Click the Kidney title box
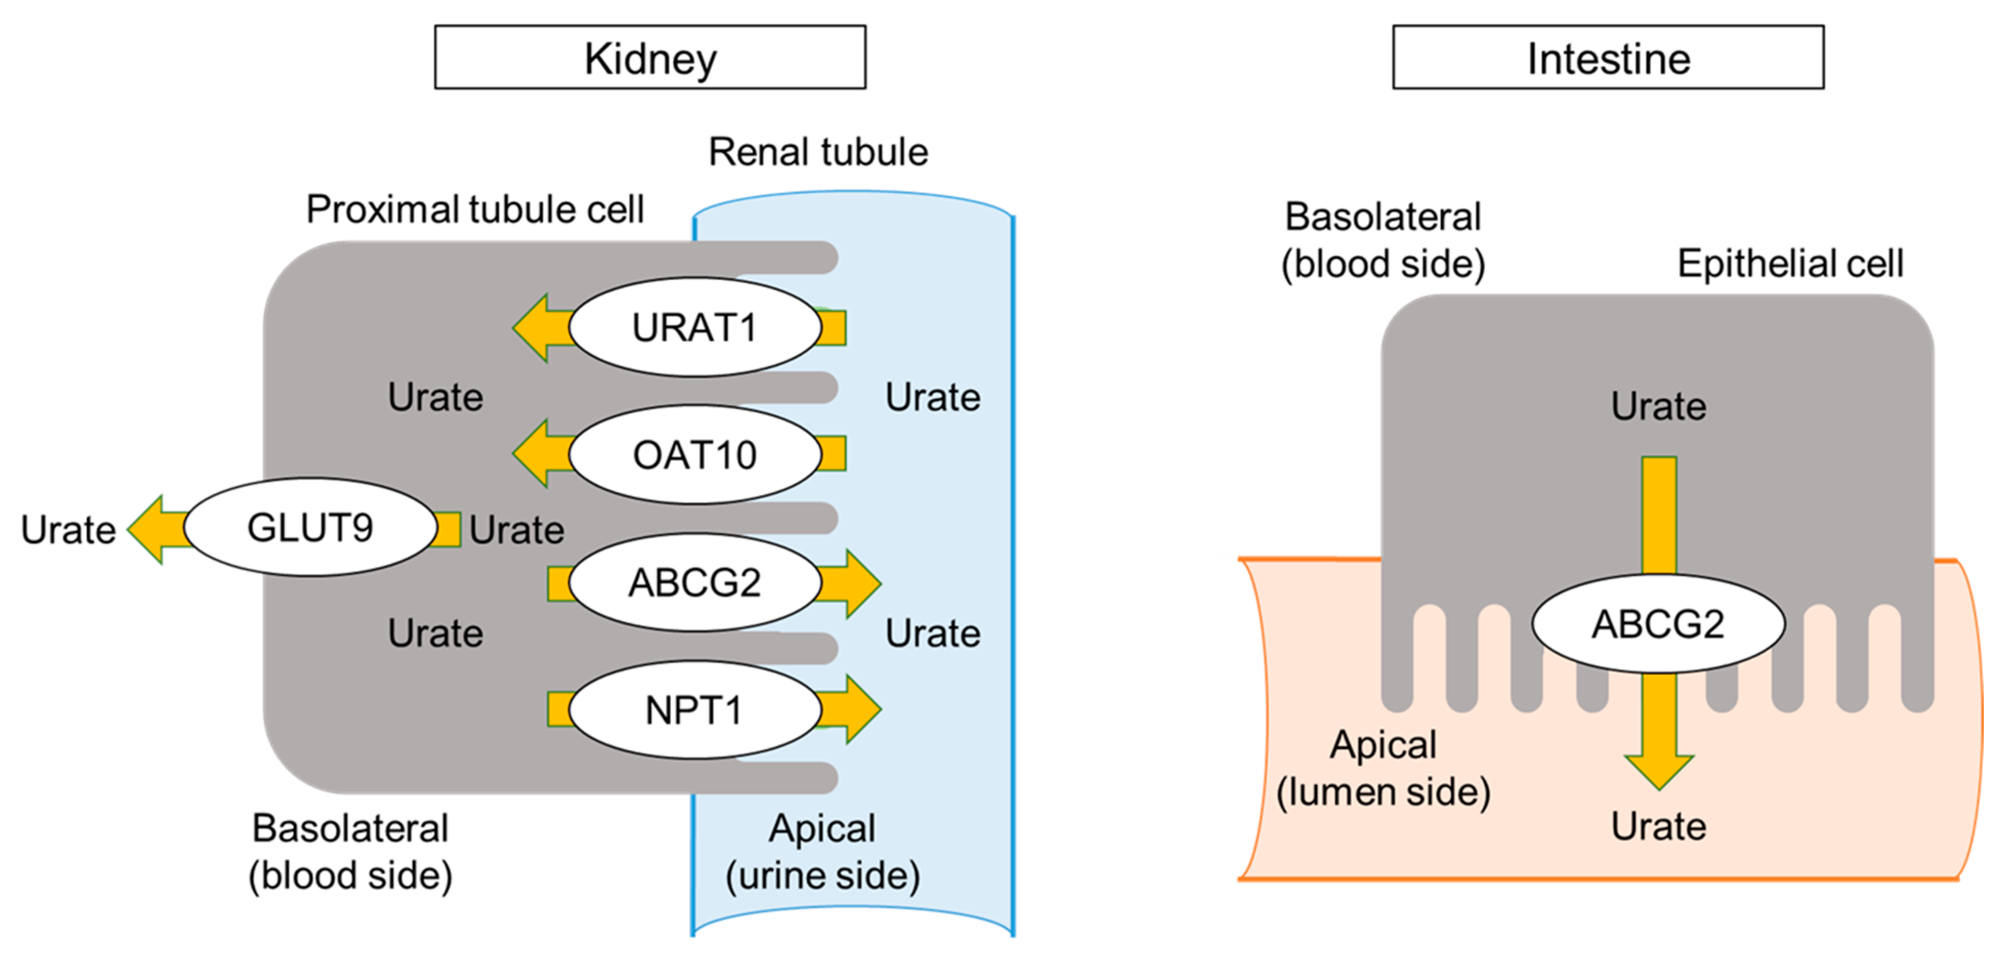650,57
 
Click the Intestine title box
1607,57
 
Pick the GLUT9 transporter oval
310,527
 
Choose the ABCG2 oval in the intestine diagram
1658,624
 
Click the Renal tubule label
818,152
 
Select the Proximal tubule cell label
475,209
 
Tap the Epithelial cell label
1790,263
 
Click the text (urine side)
822,875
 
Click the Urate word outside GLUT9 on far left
69,530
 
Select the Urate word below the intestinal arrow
1658,826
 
